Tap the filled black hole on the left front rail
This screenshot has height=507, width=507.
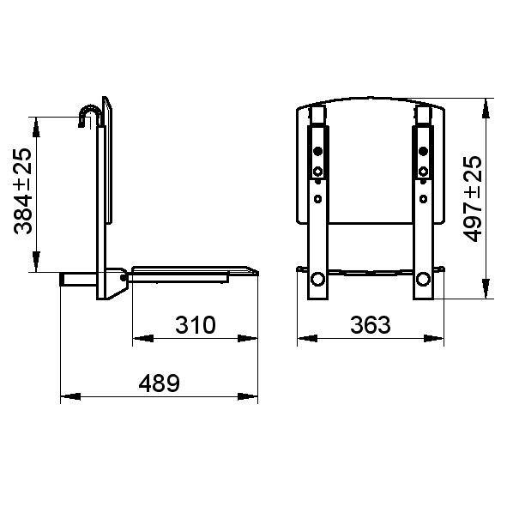pyautogui.click(x=318, y=152)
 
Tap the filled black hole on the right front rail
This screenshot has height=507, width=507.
pyautogui.click(x=422, y=152)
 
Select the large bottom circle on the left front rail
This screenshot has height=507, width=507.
pyautogui.click(x=317, y=279)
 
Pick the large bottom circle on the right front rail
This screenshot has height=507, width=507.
pyautogui.click(x=423, y=279)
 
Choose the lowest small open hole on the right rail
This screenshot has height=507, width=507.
pyautogui.click(x=422, y=198)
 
